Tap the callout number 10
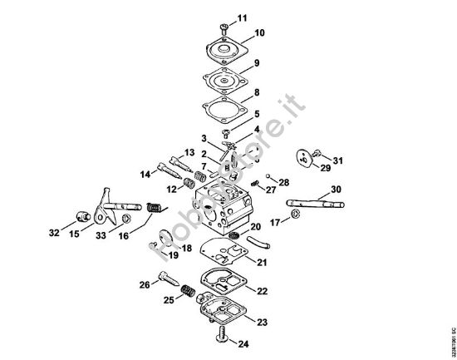point(259,33)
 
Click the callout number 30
point(335,190)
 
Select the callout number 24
point(243,343)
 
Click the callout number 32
point(54,234)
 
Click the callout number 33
point(101,235)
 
